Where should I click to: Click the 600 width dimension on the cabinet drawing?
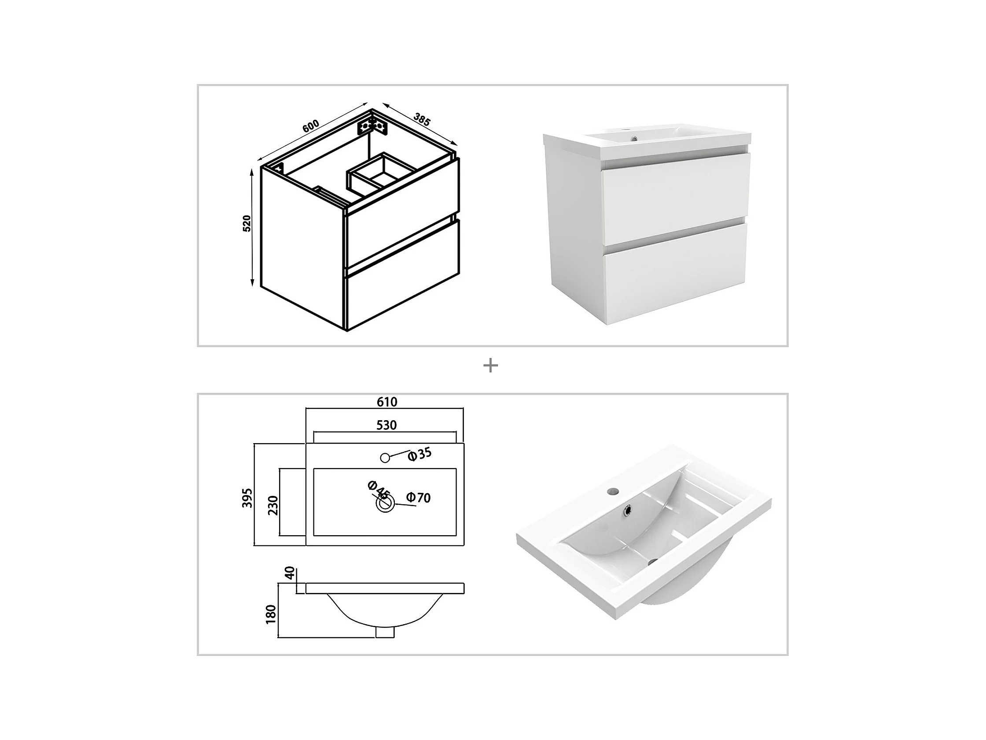(x=311, y=126)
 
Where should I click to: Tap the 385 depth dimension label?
(x=422, y=119)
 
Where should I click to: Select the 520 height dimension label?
(x=246, y=223)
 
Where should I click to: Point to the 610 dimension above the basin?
(x=387, y=402)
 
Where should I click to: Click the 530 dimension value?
(x=386, y=425)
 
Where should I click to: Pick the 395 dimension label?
(x=247, y=498)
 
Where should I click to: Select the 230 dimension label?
(x=273, y=505)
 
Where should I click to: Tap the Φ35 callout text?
(x=420, y=454)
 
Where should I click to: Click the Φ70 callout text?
(x=419, y=497)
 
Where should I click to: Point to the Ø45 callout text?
(x=379, y=490)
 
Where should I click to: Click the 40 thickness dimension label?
(x=290, y=573)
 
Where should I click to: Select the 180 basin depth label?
(x=271, y=614)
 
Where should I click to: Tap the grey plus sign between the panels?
(x=490, y=366)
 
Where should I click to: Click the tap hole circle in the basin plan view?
(x=385, y=458)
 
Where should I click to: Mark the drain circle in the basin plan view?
(x=386, y=504)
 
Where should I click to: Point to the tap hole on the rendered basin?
(x=613, y=492)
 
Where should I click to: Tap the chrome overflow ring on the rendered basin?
(x=629, y=509)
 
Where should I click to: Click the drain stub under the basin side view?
(x=385, y=632)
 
